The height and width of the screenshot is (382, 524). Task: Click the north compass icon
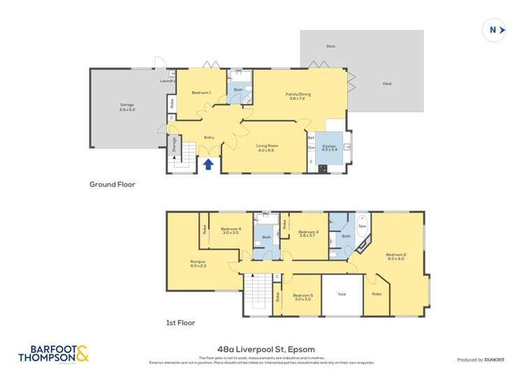(495, 30)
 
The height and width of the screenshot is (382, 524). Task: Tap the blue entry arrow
(208, 164)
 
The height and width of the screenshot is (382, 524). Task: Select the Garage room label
(127, 105)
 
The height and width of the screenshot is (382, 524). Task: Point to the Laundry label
(168, 80)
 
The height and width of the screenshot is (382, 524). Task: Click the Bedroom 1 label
(201, 93)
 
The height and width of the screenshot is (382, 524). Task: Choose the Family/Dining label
(298, 94)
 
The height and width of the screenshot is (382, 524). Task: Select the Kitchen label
(329, 145)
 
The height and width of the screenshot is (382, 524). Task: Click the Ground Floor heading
(112, 184)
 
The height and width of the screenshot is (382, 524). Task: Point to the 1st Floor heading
(181, 323)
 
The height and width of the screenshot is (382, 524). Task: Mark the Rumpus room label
(198, 262)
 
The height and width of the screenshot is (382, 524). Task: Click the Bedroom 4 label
(231, 229)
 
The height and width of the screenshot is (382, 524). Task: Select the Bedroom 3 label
(308, 232)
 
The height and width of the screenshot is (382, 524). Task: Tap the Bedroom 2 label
(396, 255)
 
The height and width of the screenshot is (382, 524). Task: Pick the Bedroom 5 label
(303, 295)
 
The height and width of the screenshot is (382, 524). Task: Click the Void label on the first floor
(342, 294)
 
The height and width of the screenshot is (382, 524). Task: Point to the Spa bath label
(362, 226)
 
